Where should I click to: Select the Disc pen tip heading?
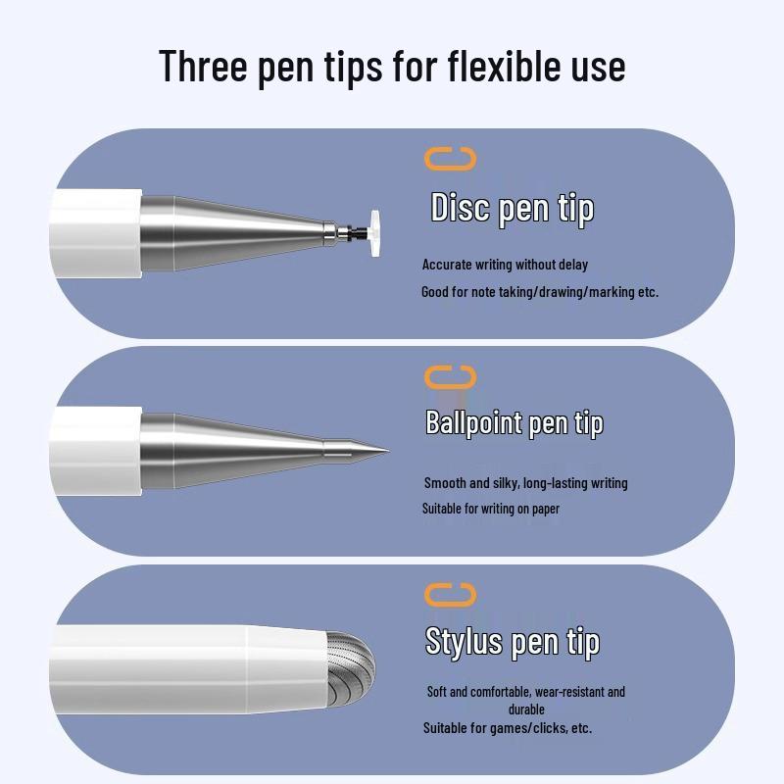point(512,209)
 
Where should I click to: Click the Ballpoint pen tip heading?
point(514,423)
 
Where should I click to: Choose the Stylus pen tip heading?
point(512,642)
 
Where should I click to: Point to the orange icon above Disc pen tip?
point(450,159)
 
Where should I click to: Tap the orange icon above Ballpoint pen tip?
point(450,377)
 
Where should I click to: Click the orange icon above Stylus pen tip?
point(450,594)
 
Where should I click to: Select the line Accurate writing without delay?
point(505,265)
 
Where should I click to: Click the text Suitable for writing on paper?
point(490,509)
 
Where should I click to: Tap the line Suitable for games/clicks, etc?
point(507,728)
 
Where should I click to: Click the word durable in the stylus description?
point(526,710)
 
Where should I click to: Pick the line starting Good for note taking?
point(540,292)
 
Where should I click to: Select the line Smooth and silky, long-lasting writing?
point(525,483)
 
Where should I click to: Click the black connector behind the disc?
point(359,233)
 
